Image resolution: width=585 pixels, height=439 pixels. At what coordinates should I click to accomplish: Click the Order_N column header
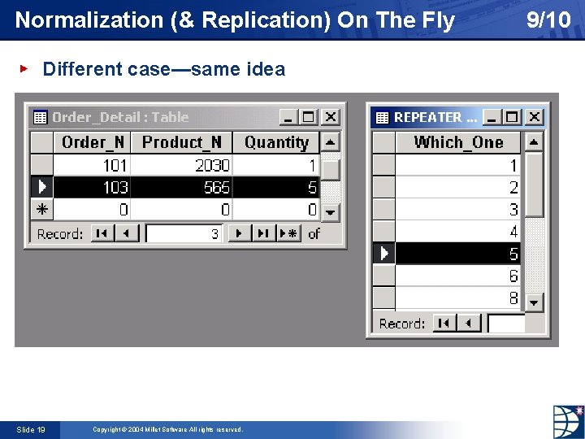(x=93, y=142)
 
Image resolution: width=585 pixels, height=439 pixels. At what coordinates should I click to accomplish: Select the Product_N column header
(x=181, y=142)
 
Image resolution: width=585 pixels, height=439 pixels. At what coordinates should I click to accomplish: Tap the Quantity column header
(x=276, y=142)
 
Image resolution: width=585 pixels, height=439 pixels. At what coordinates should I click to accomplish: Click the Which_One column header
(x=458, y=142)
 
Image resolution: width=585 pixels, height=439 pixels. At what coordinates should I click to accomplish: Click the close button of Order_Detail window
(x=331, y=117)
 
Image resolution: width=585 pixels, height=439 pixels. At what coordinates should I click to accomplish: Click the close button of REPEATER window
(x=533, y=117)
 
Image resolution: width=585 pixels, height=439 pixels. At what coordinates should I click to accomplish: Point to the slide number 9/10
(x=548, y=20)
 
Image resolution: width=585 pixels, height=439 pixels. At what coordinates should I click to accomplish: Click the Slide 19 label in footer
(x=30, y=429)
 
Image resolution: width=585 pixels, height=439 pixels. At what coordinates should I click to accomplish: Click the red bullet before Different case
(x=24, y=69)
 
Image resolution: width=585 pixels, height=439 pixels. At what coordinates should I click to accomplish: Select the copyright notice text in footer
(x=167, y=429)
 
